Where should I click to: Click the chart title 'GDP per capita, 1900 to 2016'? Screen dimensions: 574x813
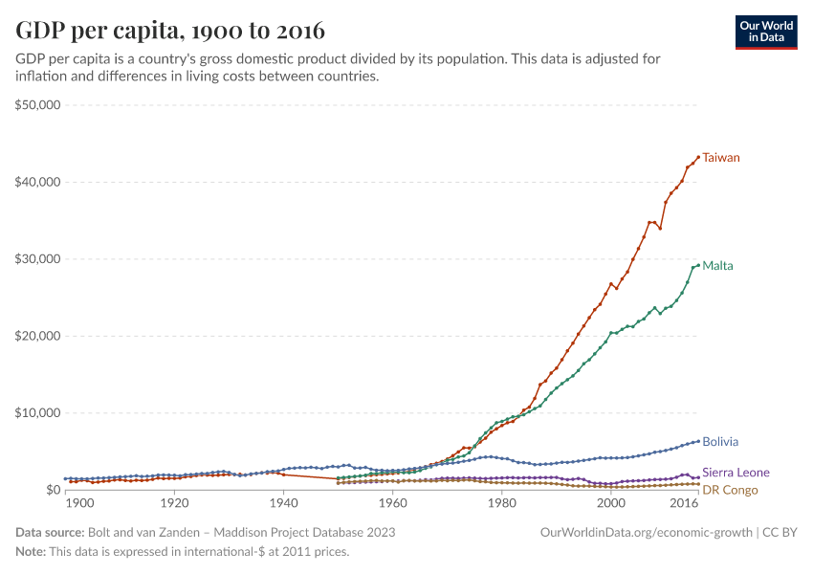[169, 31]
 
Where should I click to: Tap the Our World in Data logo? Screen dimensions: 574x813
[767, 32]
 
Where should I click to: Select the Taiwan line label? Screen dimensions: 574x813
[721, 157]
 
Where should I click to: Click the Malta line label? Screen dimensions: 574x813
[717, 265]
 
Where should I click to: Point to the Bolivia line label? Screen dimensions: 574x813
[720, 442]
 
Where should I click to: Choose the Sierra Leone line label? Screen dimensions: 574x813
[736, 473]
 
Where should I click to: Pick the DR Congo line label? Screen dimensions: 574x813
[730, 490]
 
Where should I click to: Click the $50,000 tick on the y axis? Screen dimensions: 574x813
[38, 104]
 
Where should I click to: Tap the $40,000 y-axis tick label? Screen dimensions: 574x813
[38, 182]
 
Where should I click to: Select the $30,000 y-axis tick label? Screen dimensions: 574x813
[38, 259]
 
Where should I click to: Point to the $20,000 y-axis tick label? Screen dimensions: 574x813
[38, 336]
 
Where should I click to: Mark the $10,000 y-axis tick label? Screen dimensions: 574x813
[38, 413]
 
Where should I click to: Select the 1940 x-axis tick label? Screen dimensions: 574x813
[283, 503]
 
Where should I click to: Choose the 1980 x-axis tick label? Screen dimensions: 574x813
[502, 503]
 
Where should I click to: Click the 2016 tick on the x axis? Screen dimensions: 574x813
[684, 503]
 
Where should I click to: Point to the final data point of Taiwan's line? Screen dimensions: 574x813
[698, 156]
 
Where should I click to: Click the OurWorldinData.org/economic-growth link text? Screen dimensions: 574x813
[647, 532]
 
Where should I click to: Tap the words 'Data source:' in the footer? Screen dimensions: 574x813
[50, 532]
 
